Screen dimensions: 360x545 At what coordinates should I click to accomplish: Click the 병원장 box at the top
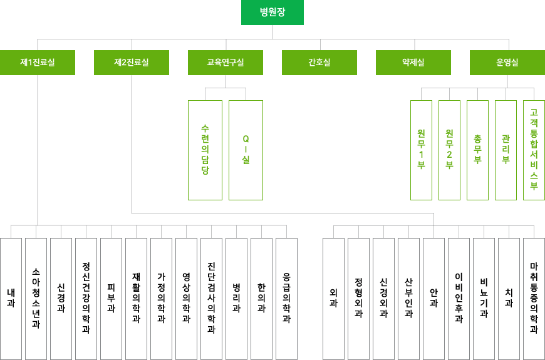coord(272,13)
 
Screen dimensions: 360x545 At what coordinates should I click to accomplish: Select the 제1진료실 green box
coord(38,63)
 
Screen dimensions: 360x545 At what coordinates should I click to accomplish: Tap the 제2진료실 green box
coord(132,63)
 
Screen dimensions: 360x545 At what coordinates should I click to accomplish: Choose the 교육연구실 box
coord(226,63)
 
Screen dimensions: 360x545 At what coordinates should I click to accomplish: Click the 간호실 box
coord(319,63)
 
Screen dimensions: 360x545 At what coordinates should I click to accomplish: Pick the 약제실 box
coord(413,63)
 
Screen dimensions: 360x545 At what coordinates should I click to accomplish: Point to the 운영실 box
coord(507,63)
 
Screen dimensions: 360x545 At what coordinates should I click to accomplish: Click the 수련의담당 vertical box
coord(205,150)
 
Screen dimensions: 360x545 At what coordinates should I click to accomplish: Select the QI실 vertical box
coord(246,150)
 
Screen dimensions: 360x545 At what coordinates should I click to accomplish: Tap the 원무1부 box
coord(421,150)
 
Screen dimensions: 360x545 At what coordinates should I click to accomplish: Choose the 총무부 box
coord(477,150)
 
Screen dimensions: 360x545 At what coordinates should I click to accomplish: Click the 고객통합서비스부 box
coord(534,150)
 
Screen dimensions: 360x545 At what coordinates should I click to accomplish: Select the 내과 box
coord(11,299)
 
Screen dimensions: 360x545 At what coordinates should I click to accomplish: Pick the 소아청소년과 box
coord(36,299)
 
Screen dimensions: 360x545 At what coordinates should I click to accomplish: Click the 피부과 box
coord(111,299)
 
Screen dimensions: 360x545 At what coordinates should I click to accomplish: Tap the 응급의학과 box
coord(286,299)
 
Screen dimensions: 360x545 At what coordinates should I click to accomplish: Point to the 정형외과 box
coord(358,299)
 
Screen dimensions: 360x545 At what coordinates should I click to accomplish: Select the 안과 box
coord(433,299)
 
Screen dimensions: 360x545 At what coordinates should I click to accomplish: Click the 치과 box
coord(509,299)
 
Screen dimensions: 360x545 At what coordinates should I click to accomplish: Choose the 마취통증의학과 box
coord(534,299)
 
